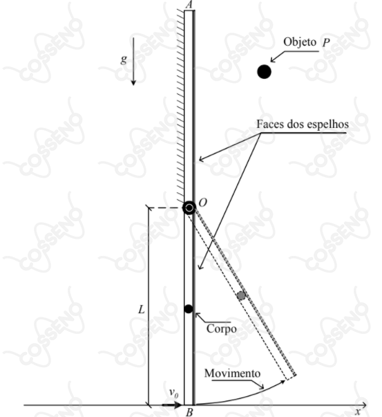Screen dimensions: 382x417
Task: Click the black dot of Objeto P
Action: (x=264, y=71)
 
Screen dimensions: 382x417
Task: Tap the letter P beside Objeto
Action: (x=326, y=43)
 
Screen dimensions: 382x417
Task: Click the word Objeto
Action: (x=300, y=42)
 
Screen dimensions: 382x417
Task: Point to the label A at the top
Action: (x=189, y=5)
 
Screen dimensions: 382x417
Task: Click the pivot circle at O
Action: (x=189, y=207)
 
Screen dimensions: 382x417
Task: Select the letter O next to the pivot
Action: (x=202, y=203)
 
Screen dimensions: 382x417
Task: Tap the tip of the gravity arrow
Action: (x=133, y=85)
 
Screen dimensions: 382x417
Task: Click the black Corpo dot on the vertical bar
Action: (x=189, y=308)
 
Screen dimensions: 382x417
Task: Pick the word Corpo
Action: (x=222, y=329)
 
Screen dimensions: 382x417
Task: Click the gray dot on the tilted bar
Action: (x=241, y=295)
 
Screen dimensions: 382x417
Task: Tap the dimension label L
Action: (x=142, y=310)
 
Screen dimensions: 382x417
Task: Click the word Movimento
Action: (x=232, y=373)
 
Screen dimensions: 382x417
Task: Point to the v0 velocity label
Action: (x=174, y=393)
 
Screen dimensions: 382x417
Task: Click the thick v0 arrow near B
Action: (x=172, y=405)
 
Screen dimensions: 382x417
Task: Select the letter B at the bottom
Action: (x=189, y=412)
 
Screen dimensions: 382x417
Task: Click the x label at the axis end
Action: (x=358, y=412)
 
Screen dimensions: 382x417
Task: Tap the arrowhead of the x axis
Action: (x=366, y=405)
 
